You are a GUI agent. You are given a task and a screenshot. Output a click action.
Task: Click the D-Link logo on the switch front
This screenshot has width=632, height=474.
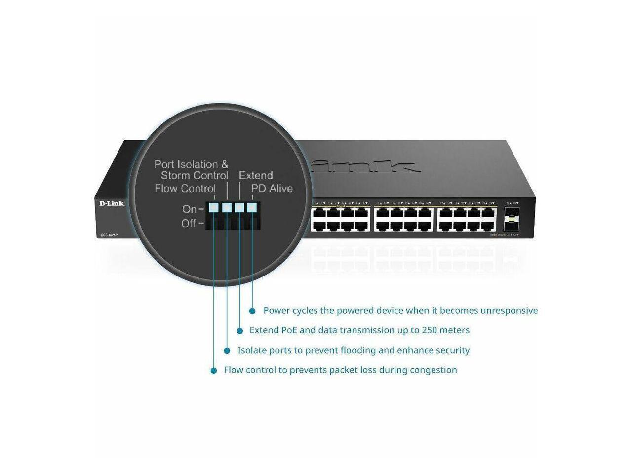click(112, 203)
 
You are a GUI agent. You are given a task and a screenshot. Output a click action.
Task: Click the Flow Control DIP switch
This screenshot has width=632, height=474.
click(213, 208)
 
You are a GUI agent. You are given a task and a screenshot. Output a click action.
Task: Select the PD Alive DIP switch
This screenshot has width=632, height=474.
click(252, 208)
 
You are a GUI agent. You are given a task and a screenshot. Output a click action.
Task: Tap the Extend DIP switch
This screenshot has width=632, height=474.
click(239, 208)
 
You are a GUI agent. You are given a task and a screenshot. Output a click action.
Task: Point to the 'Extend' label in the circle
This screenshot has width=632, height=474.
click(256, 175)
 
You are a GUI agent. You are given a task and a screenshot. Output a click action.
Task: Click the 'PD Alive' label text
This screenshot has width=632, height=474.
click(272, 188)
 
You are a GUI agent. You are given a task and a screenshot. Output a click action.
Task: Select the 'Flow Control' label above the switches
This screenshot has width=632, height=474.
click(185, 188)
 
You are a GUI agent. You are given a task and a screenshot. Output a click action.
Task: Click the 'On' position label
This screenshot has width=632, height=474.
click(189, 209)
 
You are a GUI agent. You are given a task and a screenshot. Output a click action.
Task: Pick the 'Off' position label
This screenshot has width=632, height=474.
click(189, 223)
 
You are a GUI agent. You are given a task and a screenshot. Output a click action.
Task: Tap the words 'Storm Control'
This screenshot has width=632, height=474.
click(195, 175)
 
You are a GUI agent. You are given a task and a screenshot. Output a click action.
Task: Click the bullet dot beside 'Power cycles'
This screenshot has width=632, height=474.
click(252, 311)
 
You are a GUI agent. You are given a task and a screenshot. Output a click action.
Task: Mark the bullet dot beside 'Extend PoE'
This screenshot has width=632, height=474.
click(240, 331)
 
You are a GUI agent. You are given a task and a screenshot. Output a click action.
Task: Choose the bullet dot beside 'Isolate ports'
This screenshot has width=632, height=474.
click(227, 351)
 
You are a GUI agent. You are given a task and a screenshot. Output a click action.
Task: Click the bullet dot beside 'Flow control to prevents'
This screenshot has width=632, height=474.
click(214, 370)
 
